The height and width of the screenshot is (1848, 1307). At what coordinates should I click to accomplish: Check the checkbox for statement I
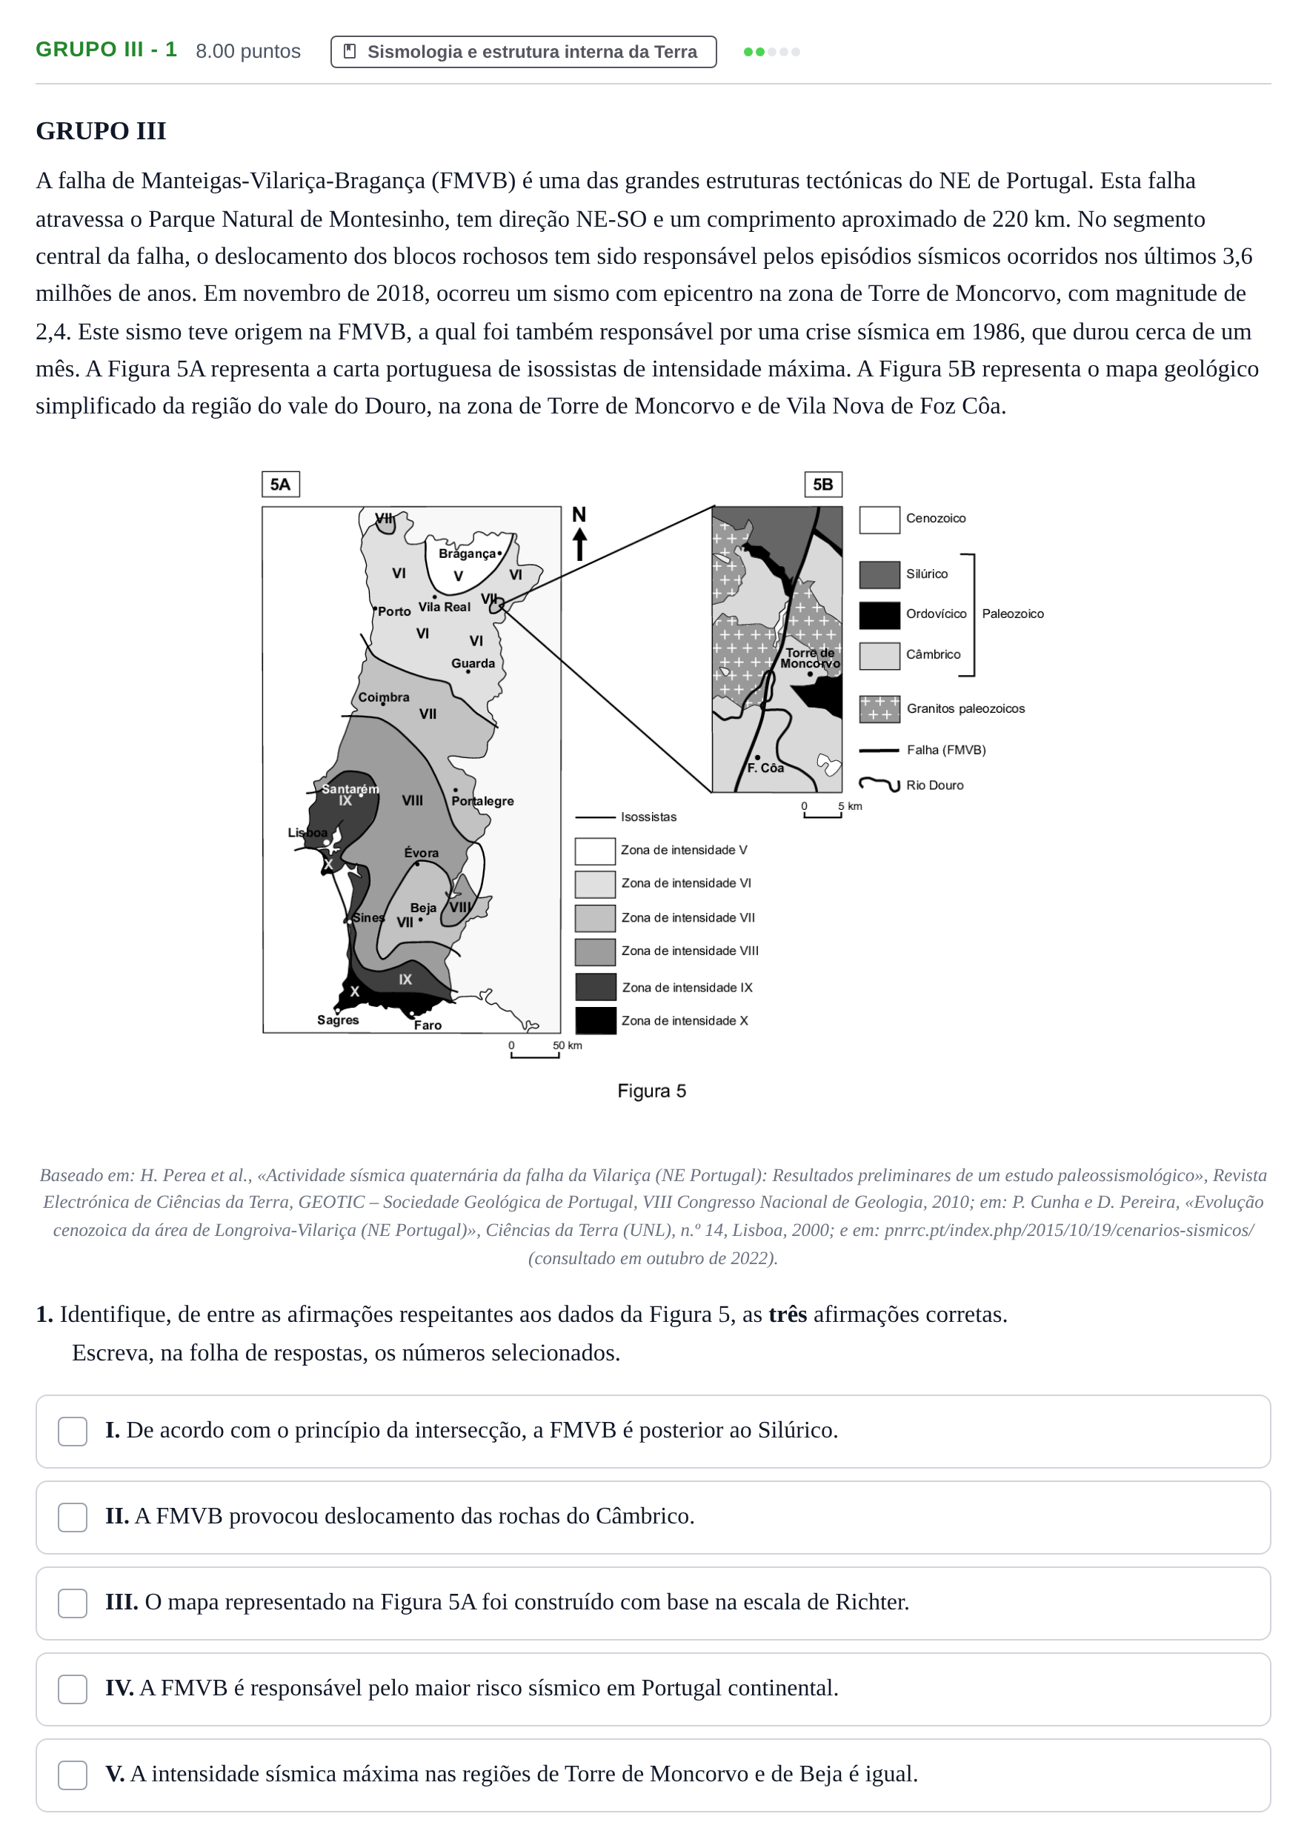click(73, 1431)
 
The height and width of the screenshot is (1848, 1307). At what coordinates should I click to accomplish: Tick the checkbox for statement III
click(73, 1603)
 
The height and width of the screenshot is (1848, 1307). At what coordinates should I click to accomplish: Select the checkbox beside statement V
click(73, 1775)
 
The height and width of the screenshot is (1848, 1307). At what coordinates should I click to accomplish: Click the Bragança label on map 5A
click(467, 554)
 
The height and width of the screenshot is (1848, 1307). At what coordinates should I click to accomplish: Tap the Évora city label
click(421, 852)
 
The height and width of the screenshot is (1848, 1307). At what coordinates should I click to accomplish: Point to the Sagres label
click(338, 1020)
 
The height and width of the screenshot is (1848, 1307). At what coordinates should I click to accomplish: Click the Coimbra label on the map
click(384, 697)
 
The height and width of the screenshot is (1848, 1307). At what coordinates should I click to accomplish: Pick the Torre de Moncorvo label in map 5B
click(811, 659)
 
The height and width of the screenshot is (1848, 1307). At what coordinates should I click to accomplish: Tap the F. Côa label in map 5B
click(765, 768)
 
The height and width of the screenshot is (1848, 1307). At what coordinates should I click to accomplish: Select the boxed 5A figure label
click(281, 485)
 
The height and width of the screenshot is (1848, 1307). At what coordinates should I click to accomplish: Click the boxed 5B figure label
click(823, 485)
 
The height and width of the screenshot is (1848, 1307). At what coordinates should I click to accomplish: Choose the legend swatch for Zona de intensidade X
click(596, 1020)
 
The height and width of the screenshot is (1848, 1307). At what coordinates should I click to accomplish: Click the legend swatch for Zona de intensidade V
click(596, 851)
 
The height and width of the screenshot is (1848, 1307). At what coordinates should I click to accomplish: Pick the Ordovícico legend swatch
click(879, 615)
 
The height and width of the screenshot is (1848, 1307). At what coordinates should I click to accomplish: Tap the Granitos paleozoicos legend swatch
click(879, 709)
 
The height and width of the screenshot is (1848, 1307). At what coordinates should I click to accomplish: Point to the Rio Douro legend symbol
click(879, 784)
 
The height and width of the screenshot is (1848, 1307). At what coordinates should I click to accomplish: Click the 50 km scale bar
click(535, 1056)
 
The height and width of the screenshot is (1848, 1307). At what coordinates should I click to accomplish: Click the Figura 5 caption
click(652, 1091)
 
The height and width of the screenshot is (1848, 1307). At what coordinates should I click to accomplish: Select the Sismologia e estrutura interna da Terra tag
click(523, 52)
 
